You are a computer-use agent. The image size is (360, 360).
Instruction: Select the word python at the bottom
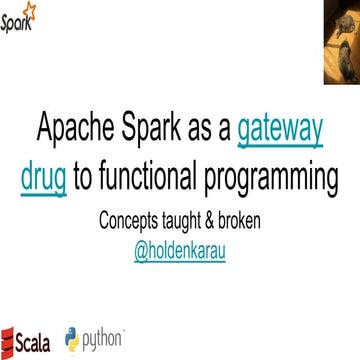click(x=104, y=338)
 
